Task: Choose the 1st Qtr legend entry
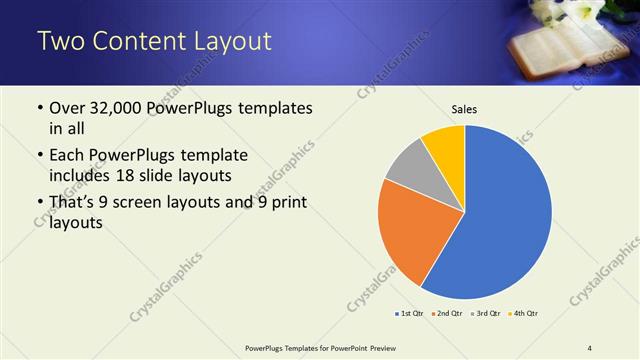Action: point(410,314)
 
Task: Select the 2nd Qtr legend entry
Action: point(446,314)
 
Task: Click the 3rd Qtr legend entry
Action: point(484,314)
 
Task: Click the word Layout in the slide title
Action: point(225,42)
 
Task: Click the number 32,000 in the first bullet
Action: point(119,108)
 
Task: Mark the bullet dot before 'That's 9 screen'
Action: point(39,204)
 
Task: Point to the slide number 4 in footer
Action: point(590,347)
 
